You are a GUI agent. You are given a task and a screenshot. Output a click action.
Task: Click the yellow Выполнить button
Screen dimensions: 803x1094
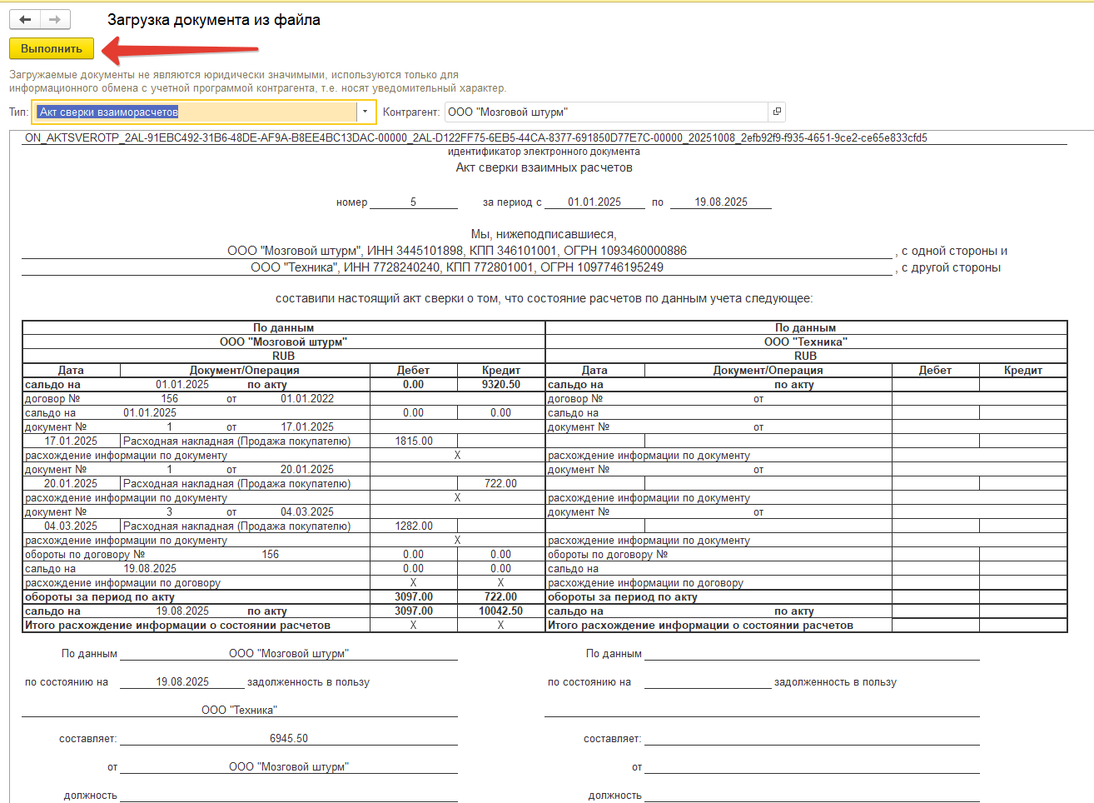click(x=51, y=48)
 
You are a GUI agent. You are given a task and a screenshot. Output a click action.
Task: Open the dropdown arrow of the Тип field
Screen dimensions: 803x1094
click(x=365, y=112)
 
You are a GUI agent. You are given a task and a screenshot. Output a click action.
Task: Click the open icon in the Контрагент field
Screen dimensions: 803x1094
click(x=776, y=112)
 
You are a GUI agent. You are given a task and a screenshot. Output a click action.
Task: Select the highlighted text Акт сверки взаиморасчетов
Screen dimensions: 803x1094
click(x=109, y=112)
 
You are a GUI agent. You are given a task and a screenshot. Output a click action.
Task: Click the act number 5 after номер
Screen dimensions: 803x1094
click(x=413, y=202)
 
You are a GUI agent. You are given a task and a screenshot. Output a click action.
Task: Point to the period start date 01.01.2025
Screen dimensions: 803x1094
click(x=594, y=202)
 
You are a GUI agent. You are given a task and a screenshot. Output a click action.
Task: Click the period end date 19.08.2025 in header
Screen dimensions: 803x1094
click(x=721, y=202)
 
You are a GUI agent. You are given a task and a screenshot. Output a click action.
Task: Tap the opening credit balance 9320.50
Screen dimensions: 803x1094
click(x=500, y=385)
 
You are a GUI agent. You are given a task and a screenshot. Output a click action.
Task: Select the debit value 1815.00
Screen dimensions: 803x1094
click(x=414, y=441)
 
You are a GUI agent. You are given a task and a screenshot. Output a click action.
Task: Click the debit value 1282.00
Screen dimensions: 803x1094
click(x=414, y=526)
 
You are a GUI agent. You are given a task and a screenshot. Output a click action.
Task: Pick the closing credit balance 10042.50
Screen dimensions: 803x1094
click(x=500, y=611)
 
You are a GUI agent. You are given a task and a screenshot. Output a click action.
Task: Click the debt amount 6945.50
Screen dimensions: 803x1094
click(x=289, y=739)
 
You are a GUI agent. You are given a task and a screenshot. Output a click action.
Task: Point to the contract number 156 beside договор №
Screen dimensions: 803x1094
click(x=170, y=399)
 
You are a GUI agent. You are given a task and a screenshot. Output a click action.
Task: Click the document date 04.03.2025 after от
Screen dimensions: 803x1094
click(x=307, y=512)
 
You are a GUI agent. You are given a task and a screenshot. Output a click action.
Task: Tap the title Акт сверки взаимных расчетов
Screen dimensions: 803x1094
click(x=544, y=167)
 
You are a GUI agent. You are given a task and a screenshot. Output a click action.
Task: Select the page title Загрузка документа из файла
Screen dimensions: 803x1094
click(x=213, y=20)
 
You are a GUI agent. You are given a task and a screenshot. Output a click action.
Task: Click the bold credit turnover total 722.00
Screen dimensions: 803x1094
click(x=500, y=597)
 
